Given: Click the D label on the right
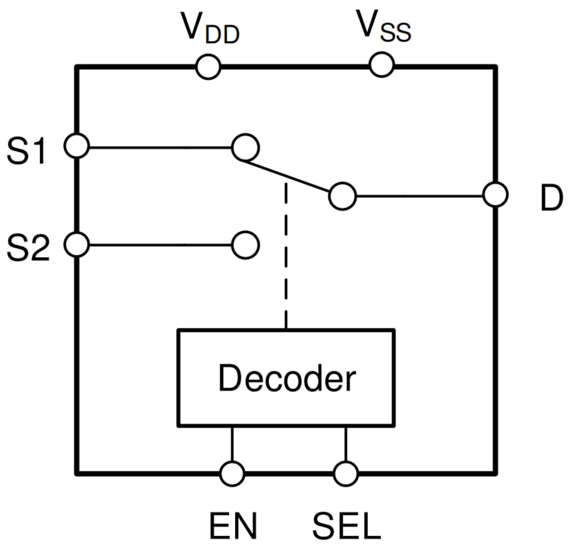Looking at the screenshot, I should pyautogui.click(x=551, y=199).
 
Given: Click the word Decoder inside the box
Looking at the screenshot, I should pyautogui.click(x=287, y=379).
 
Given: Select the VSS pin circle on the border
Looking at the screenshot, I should pyautogui.click(x=381, y=65).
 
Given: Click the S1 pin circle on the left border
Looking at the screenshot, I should pyautogui.click(x=77, y=147).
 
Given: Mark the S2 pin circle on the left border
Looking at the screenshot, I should pyautogui.click(x=77, y=244).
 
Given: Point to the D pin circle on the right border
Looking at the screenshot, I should pyautogui.click(x=495, y=195).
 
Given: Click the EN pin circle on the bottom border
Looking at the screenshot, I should pyautogui.click(x=232, y=473).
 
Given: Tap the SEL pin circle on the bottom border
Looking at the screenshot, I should pyautogui.click(x=345, y=473).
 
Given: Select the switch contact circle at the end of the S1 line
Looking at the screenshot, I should pyautogui.click(x=245, y=147).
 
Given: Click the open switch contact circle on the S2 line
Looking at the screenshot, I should pyautogui.click(x=245, y=244).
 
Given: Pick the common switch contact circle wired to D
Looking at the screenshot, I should pyautogui.click(x=343, y=196).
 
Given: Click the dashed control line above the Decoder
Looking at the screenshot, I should pyautogui.click(x=287, y=255).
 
